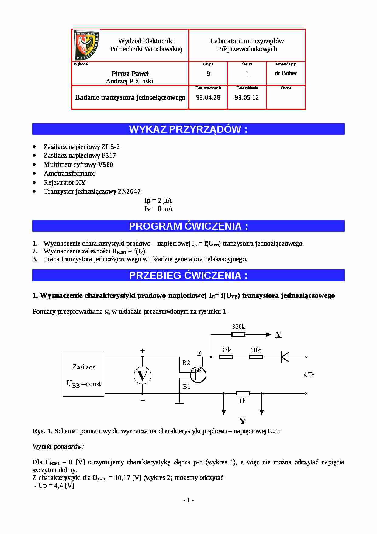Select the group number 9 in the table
pos(208,74)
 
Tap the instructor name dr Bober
pos(285,73)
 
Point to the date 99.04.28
pos(208,97)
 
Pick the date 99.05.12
pos(247,97)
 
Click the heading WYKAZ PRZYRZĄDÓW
pos(188,129)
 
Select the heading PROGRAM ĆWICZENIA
pos(188,226)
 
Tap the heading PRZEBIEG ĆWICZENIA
pos(188,276)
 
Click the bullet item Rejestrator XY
pos(65,183)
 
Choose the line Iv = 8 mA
pos(158,209)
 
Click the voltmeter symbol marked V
pos(142,375)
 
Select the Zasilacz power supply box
pos(84,375)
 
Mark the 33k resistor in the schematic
pos(226,357)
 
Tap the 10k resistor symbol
pos(256,357)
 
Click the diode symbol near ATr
pos(285,357)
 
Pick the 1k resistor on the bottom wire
pos(243,393)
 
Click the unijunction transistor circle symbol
pos(198,375)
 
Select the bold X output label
pos(278,335)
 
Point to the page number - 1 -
pos(188,500)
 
